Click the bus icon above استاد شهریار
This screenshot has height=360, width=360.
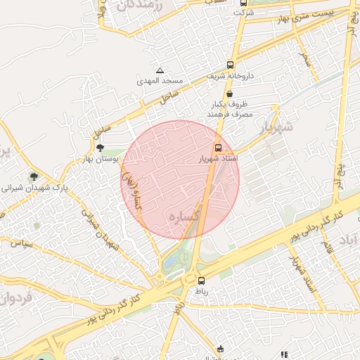pyautogui.click(x=217, y=148)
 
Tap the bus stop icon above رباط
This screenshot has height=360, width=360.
pyautogui.click(x=202, y=281)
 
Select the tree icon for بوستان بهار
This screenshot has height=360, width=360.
pyautogui.click(x=100, y=148)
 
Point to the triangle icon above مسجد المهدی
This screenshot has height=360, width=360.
pyautogui.click(x=160, y=71)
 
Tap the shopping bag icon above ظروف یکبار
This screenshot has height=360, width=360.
pyautogui.click(x=230, y=94)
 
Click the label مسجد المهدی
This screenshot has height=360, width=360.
pyautogui.click(x=160, y=81)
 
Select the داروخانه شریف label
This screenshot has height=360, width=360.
pyautogui.click(x=229, y=75)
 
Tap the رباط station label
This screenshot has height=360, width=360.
pyautogui.click(x=202, y=291)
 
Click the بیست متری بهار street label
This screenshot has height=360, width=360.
pyautogui.click(x=319, y=15)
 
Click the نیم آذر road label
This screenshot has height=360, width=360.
pyautogui.click(x=342, y=169)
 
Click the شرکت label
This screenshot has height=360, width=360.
pyautogui.click(x=243, y=13)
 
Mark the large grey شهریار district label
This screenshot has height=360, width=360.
pyautogui.click(x=274, y=127)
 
